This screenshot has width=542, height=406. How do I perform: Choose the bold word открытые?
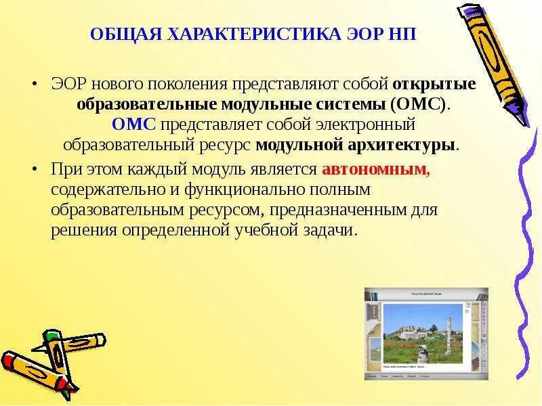434,85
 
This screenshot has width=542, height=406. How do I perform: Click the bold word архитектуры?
411,145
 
